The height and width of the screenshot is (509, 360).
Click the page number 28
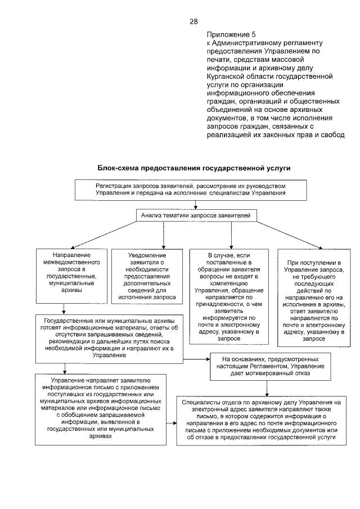pyautogui.click(x=193, y=22)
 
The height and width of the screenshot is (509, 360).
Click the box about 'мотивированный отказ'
pyautogui.click(x=265, y=365)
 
